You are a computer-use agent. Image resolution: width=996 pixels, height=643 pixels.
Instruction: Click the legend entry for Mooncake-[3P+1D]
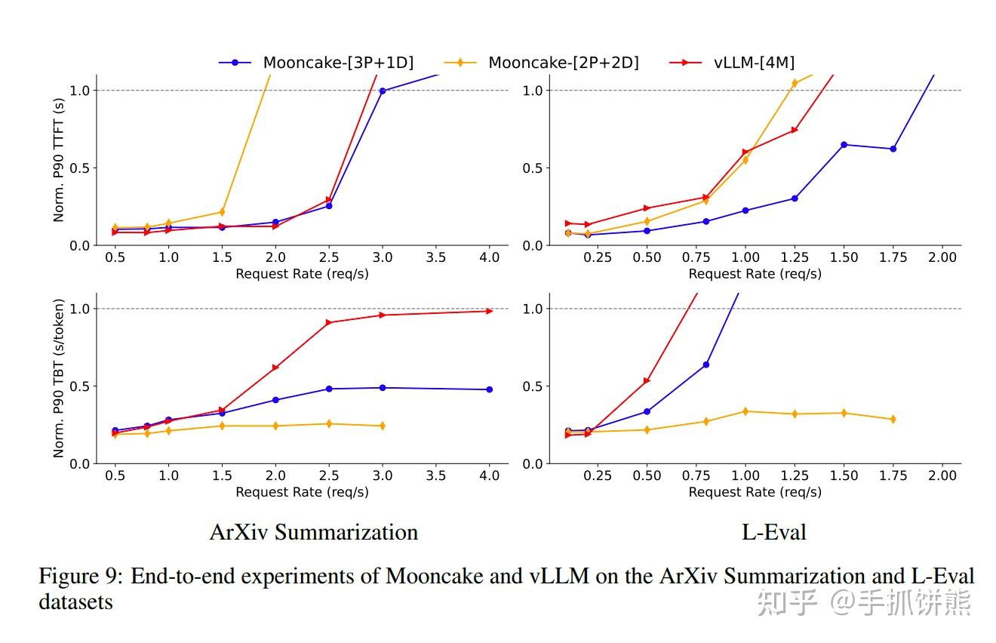pyautogui.click(x=317, y=63)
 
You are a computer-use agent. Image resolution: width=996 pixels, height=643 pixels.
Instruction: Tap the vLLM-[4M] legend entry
pyautogui.click(x=732, y=63)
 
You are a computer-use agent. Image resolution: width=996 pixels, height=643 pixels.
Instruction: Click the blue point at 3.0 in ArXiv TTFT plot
pyautogui.click(x=383, y=91)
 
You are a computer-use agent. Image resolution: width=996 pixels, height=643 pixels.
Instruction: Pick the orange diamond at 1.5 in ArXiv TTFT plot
pyautogui.click(x=222, y=212)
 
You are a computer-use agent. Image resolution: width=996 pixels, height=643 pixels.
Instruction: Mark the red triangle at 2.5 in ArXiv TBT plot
pyautogui.click(x=329, y=322)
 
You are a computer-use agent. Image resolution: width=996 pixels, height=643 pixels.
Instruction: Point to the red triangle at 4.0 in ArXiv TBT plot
pyautogui.click(x=489, y=311)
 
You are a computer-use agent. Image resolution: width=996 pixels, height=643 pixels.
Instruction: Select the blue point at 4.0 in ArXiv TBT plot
pyautogui.click(x=489, y=389)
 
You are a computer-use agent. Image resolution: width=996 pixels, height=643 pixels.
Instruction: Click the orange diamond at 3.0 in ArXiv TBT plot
pyautogui.click(x=383, y=426)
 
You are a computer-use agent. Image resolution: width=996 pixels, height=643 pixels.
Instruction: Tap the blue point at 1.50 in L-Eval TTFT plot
pyautogui.click(x=844, y=144)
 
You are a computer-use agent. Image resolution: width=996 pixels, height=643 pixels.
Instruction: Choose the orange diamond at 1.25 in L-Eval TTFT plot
pyautogui.click(x=795, y=83)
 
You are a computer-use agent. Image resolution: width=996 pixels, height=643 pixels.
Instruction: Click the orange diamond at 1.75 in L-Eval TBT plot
pyautogui.click(x=893, y=419)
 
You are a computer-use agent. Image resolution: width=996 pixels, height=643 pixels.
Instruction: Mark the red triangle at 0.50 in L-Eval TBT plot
pyautogui.click(x=647, y=381)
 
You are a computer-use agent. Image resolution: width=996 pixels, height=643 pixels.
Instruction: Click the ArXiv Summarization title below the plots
pyautogui.click(x=313, y=532)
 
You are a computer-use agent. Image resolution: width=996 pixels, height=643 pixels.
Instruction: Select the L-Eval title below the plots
pyautogui.click(x=774, y=532)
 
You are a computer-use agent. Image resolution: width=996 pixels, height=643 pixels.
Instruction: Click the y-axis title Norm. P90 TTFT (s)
pyautogui.click(x=59, y=160)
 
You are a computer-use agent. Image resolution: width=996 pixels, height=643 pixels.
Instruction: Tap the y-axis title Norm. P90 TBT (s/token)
pyautogui.click(x=59, y=378)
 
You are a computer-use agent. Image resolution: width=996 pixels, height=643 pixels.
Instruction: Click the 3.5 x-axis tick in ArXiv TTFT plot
pyautogui.click(x=436, y=257)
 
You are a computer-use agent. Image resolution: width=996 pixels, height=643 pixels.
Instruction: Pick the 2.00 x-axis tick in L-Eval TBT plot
pyautogui.click(x=942, y=475)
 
